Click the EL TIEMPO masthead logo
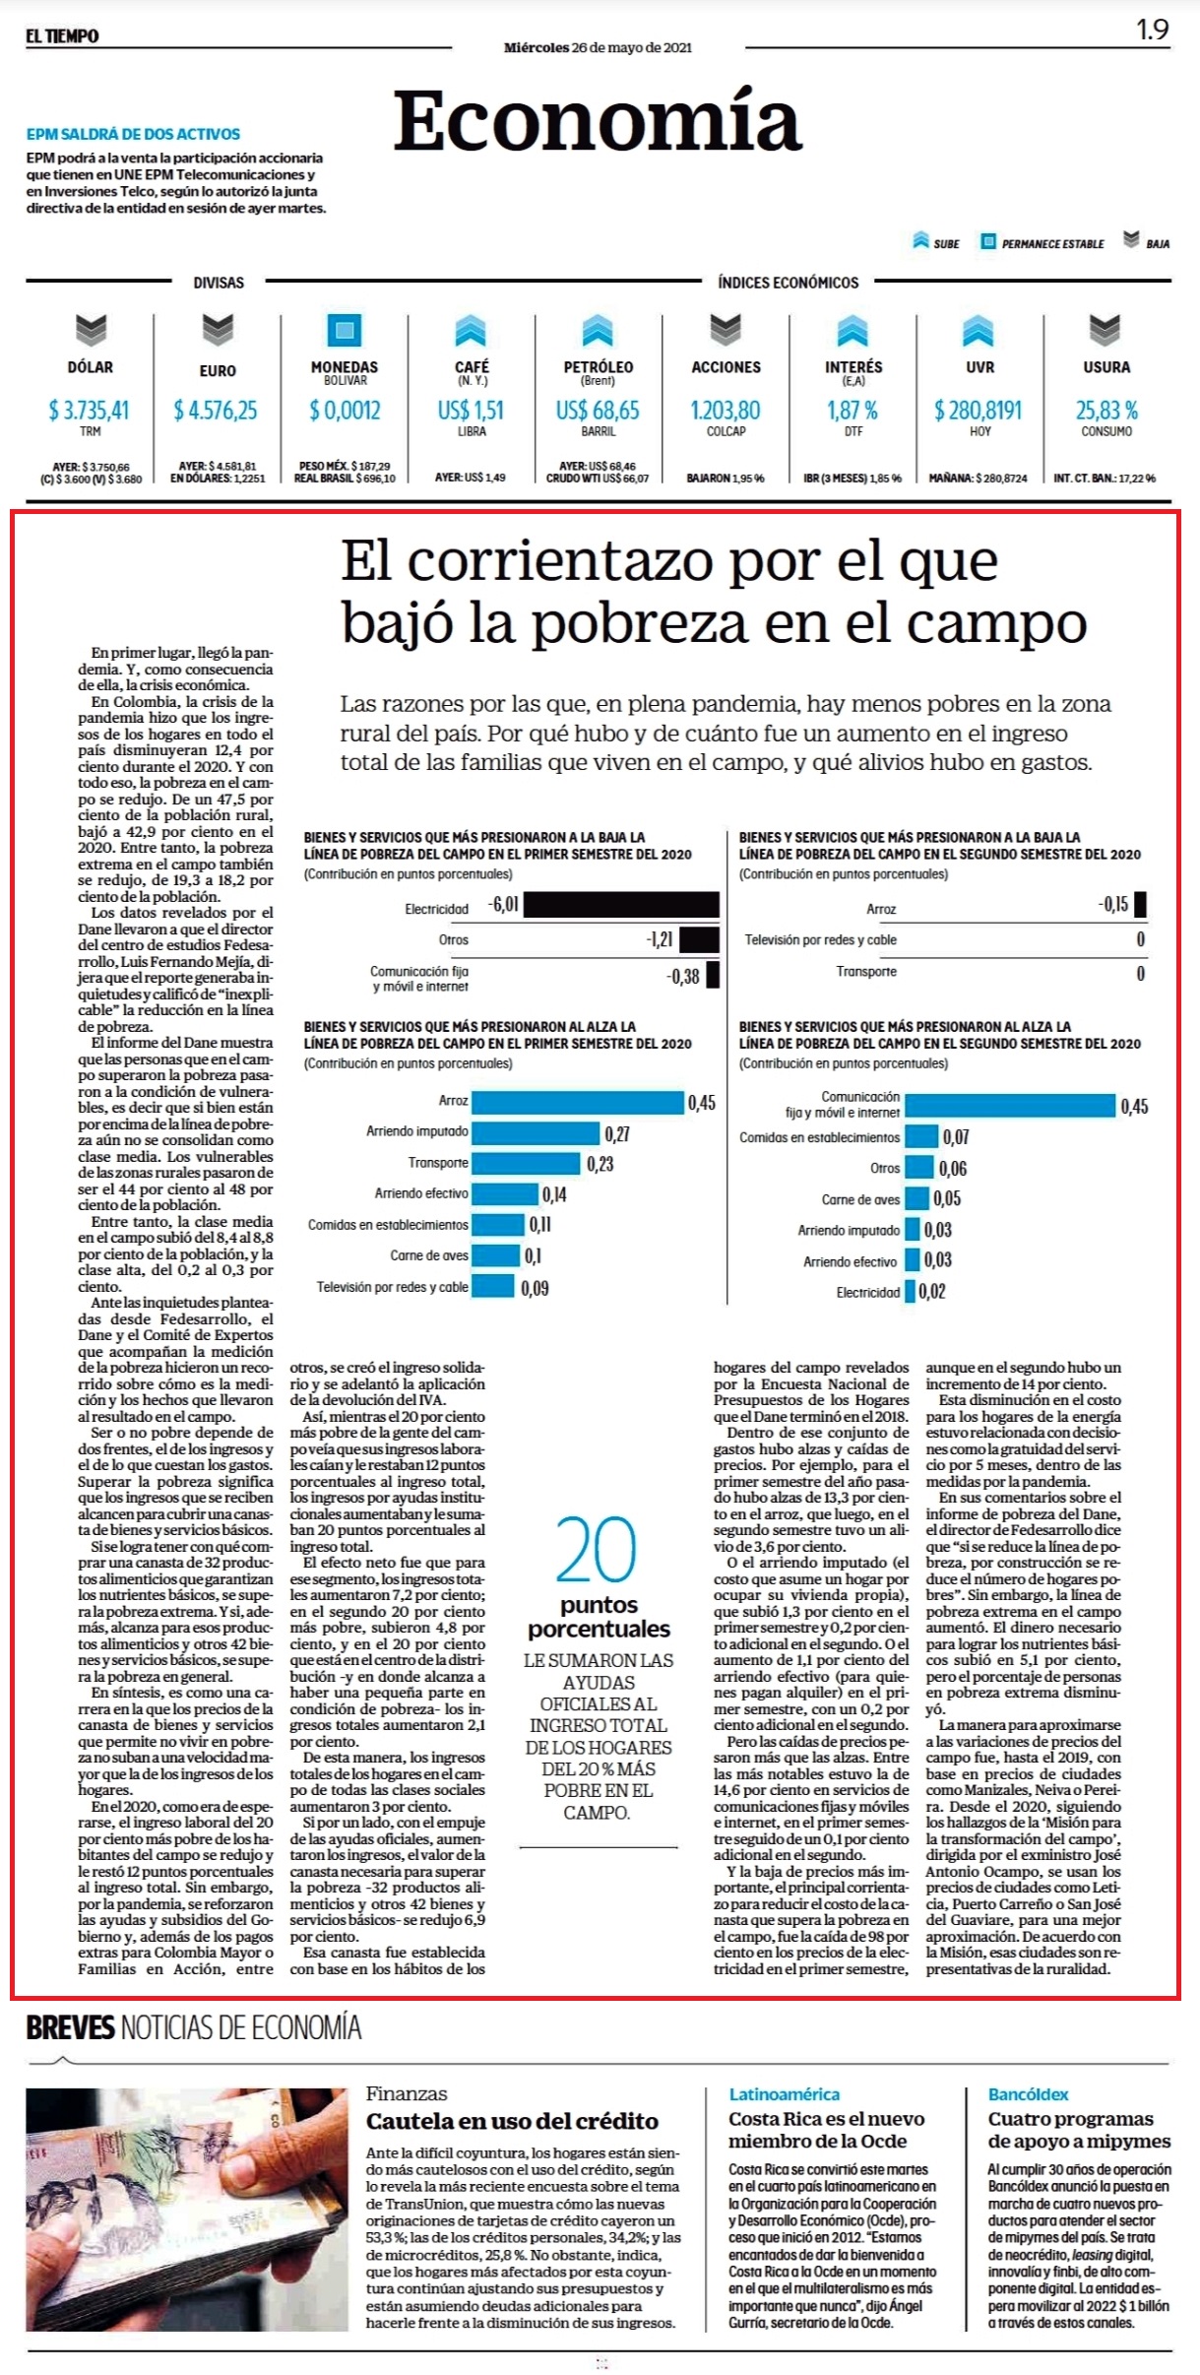pyautogui.click(x=62, y=35)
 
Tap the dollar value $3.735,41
pyautogui.click(x=90, y=410)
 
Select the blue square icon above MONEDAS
pyautogui.click(x=345, y=330)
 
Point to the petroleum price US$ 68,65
pyautogui.click(x=598, y=410)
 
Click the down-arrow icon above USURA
pyautogui.click(x=1105, y=330)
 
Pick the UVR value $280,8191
pyautogui.click(x=979, y=410)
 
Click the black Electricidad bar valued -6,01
pyautogui.click(x=621, y=905)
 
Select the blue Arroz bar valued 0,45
pyautogui.click(x=578, y=1102)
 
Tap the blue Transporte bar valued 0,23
pyautogui.click(x=526, y=1163)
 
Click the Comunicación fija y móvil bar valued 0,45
pyautogui.click(x=1010, y=1106)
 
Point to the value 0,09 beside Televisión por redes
pyautogui.click(x=535, y=1288)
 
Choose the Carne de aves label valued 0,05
pyautogui.click(x=860, y=1199)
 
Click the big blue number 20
pyautogui.click(x=597, y=1549)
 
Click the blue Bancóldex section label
pyautogui.click(x=1028, y=2094)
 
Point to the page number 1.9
pyautogui.click(x=1152, y=30)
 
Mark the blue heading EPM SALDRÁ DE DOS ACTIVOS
pyautogui.click(x=133, y=134)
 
